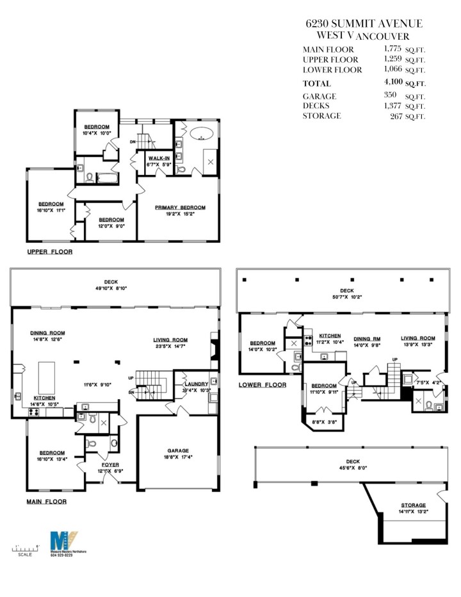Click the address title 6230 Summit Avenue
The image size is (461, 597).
(x=364, y=24)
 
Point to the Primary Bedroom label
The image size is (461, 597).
(x=180, y=208)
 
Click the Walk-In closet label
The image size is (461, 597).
(x=159, y=158)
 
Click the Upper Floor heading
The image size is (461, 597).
(x=49, y=252)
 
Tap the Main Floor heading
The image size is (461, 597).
(x=46, y=502)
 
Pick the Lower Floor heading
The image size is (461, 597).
(x=263, y=385)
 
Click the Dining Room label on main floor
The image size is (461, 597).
(x=47, y=333)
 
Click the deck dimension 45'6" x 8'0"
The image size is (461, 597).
(x=353, y=468)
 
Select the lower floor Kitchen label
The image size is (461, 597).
(x=330, y=336)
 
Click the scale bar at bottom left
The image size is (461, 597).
(x=26, y=548)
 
